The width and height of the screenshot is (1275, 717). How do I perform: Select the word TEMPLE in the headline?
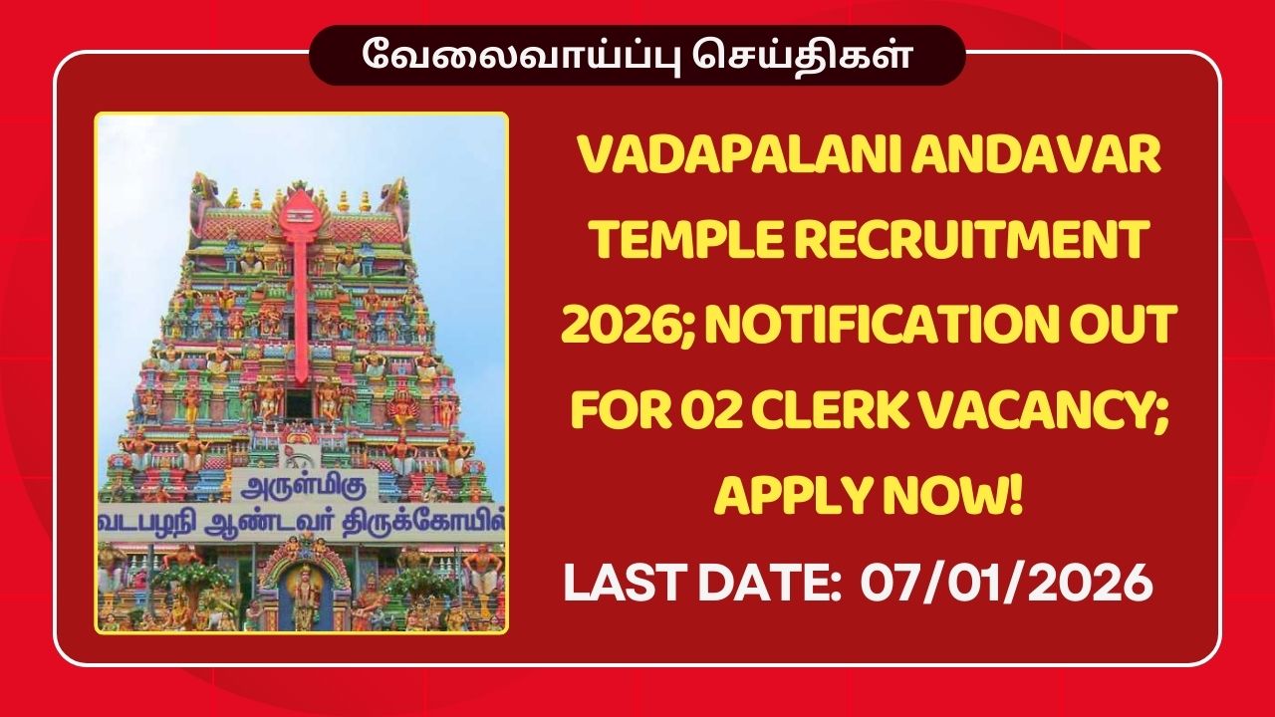point(667,242)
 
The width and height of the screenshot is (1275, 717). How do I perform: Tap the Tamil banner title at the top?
point(637,55)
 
